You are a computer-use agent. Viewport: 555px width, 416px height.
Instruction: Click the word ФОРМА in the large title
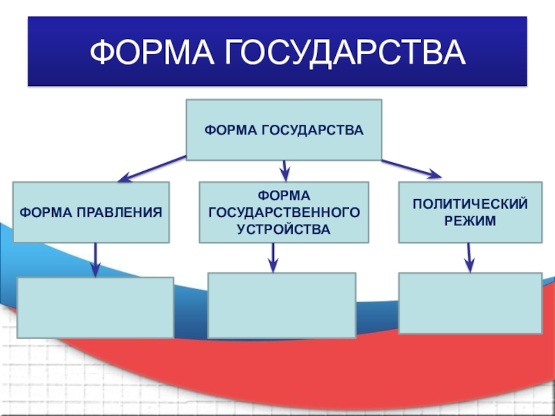[152, 54]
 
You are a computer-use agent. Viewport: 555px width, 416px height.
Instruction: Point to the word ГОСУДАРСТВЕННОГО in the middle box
[284, 211]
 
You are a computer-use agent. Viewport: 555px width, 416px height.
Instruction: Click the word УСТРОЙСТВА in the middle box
[284, 228]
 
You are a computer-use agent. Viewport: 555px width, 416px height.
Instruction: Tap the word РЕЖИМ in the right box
[470, 220]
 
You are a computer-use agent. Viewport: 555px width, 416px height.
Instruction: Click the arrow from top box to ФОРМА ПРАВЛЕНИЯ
[152, 168]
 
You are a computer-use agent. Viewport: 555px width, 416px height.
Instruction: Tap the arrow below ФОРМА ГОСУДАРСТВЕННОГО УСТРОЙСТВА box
[273, 257]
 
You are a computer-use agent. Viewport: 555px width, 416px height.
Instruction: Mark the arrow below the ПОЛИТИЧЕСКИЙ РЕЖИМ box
[470, 257]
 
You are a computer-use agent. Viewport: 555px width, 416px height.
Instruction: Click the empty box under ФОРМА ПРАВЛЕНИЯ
[95, 307]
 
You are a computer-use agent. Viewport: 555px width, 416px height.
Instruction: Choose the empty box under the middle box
[282, 305]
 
